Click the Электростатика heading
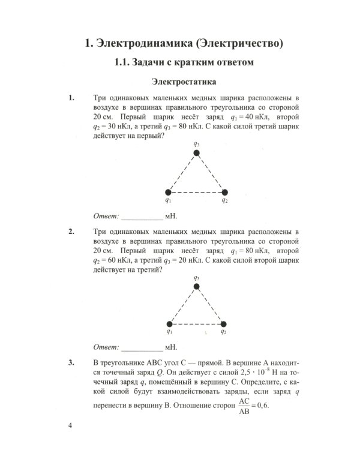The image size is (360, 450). [x=184, y=82]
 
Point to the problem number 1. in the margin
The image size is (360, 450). [x=72, y=98]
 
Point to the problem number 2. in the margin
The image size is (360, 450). [x=72, y=232]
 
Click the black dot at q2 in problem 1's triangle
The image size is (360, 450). [x=225, y=192]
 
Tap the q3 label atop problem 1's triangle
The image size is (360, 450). [x=197, y=144]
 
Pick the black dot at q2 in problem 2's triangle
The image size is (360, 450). [x=224, y=324]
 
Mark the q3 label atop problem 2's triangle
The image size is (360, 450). [x=197, y=278]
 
